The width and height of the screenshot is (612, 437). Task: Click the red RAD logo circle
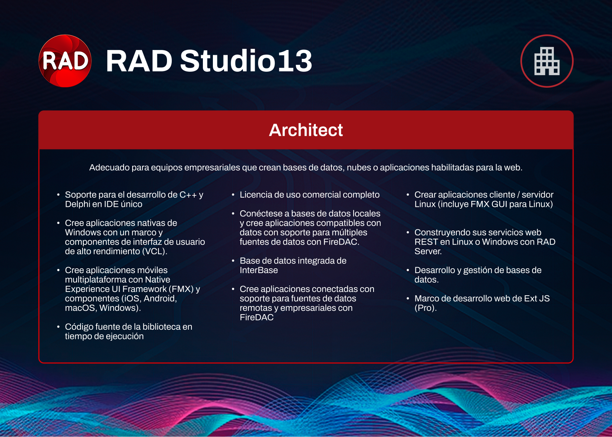pyautogui.click(x=65, y=61)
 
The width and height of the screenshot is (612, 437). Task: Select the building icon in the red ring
pyautogui.click(x=547, y=61)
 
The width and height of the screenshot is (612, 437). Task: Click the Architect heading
pyautogui.click(x=306, y=130)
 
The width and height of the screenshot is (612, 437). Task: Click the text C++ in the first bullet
pyautogui.click(x=188, y=195)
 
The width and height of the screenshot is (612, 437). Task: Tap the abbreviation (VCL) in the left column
pyautogui.click(x=155, y=252)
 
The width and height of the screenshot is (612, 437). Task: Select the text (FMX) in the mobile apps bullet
pyautogui.click(x=181, y=289)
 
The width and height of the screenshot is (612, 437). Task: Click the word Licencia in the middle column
pyautogui.click(x=256, y=195)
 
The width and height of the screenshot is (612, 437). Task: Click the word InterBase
pyautogui.click(x=259, y=270)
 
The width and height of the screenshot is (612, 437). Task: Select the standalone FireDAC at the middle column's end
pyautogui.click(x=257, y=317)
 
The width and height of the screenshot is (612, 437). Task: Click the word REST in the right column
pyautogui.click(x=426, y=242)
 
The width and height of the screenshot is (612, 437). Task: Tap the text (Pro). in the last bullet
pyautogui.click(x=426, y=308)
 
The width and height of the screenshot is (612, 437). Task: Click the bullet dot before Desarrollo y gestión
pyautogui.click(x=408, y=270)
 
